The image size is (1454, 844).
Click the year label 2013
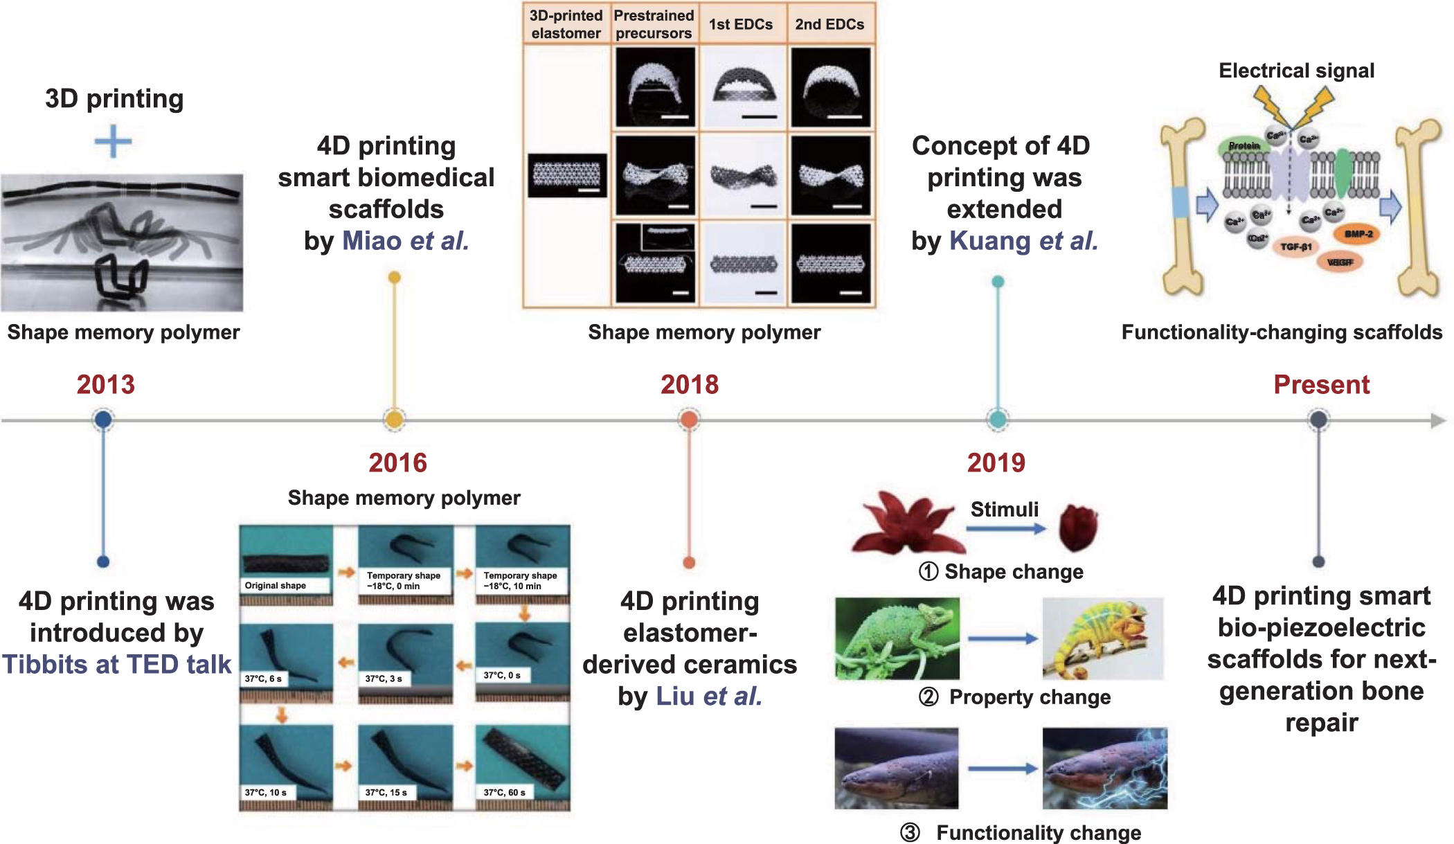[x=105, y=384]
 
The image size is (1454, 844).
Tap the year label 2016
[x=397, y=463]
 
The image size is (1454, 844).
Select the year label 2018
[x=690, y=384]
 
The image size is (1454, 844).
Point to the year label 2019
[x=996, y=463]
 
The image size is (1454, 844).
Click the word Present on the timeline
[x=1321, y=384]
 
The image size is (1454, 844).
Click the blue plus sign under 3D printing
[x=113, y=143]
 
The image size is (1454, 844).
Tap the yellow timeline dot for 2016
[x=394, y=420]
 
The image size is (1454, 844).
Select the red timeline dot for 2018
[x=689, y=420]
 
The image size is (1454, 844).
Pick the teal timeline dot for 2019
[x=998, y=420]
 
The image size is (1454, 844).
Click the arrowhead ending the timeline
[x=1438, y=420]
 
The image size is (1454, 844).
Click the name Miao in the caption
[x=372, y=241]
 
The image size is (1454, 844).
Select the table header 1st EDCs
[x=740, y=25]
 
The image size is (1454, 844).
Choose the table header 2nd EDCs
[x=829, y=25]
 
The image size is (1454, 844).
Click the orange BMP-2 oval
[x=1358, y=234]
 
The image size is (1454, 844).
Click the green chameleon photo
[x=897, y=638]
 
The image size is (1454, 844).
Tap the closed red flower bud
[x=1078, y=528]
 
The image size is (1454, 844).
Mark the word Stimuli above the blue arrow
[x=1004, y=510]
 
